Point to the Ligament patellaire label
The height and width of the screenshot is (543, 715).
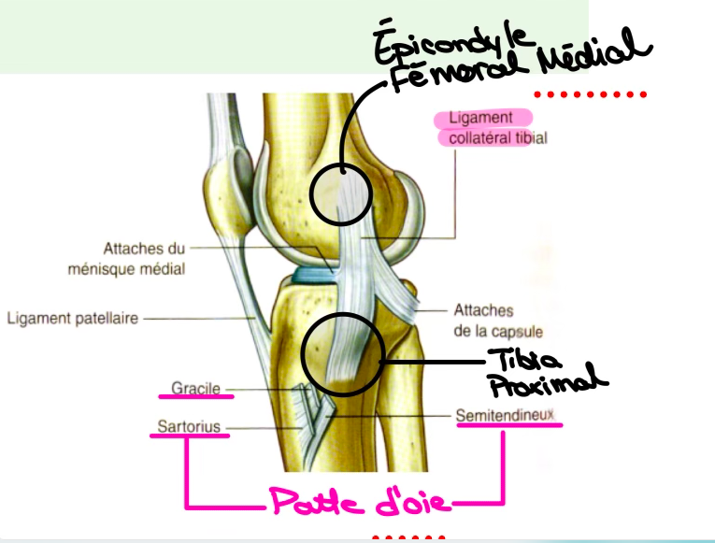73,318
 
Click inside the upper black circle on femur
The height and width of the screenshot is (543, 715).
340,193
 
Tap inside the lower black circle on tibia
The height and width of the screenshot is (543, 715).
342,352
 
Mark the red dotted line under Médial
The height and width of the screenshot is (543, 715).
591,94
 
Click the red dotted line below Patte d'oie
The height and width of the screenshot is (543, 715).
408,537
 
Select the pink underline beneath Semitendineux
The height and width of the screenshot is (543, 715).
509,425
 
